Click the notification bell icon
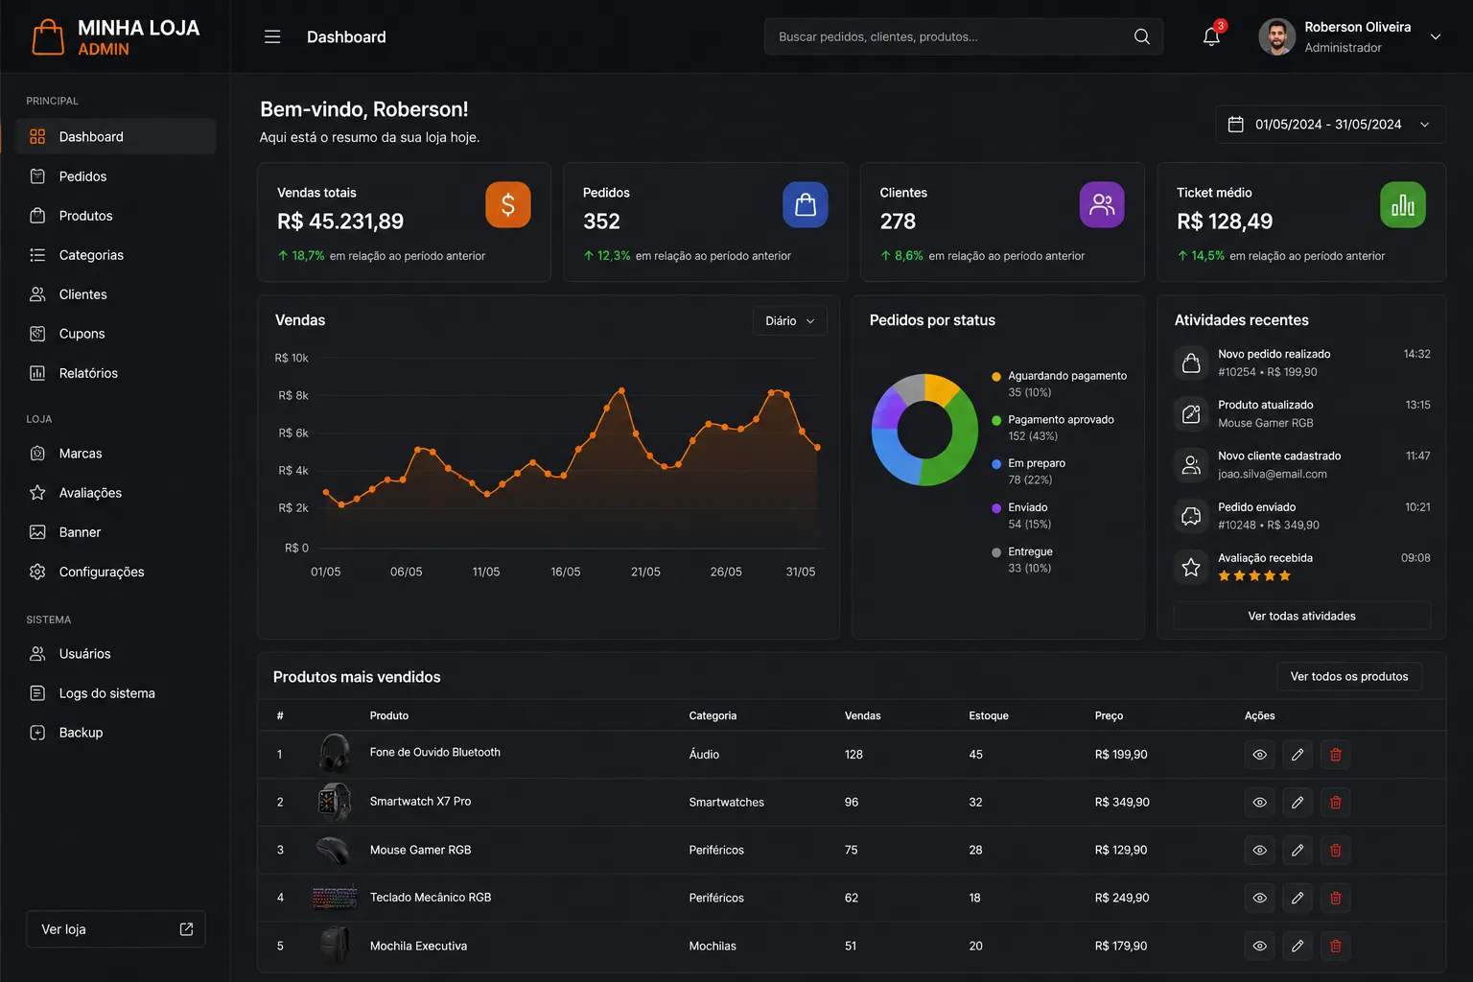click(1211, 36)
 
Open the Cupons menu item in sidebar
click(82, 334)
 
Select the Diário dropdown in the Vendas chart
click(790, 321)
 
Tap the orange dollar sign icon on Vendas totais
click(508, 205)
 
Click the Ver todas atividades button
click(1301, 617)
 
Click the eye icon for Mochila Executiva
click(1259, 946)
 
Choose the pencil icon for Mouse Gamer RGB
click(1298, 850)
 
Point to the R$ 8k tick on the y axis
click(293, 395)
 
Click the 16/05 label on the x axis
click(566, 572)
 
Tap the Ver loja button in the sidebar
click(116, 928)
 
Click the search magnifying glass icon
click(1141, 36)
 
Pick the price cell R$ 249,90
click(1122, 898)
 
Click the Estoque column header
click(989, 715)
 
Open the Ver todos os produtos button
click(1348, 676)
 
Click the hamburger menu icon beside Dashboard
click(272, 36)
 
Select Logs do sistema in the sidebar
click(106, 693)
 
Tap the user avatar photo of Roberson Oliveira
click(1276, 36)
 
